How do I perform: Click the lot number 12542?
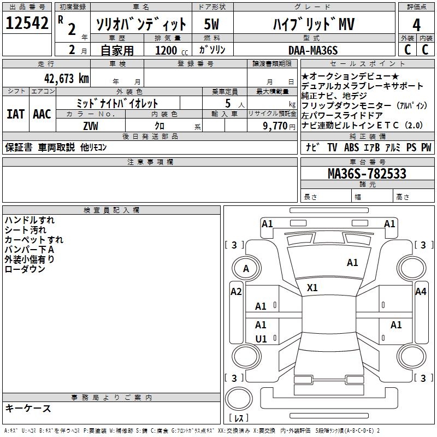pyautogui.click(x=27, y=23)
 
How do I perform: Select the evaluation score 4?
pyautogui.click(x=416, y=25)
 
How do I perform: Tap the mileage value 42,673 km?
pyautogui.click(x=62, y=78)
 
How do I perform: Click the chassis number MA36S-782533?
pyautogui.click(x=367, y=174)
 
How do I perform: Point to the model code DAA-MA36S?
pyautogui.click(x=313, y=50)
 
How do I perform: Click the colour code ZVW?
pyautogui.click(x=91, y=126)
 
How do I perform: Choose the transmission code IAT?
pyautogui.click(x=15, y=114)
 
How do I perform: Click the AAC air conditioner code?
pyautogui.click(x=42, y=114)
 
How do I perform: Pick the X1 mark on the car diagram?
pyautogui.click(x=312, y=288)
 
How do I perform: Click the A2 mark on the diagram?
pyautogui.click(x=236, y=292)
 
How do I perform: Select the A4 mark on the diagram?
pyautogui.click(x=420, y=292)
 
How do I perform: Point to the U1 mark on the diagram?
pyautogui.click(x=261, y=339)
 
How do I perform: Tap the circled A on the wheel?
pyautogui.click(x=246, y=268)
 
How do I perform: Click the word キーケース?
pyautogui.click(x=28, y=409)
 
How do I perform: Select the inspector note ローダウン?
pyautogui.click(x=25, y=269)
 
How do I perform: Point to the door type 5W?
pyautogui.click(x=212, y=25)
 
